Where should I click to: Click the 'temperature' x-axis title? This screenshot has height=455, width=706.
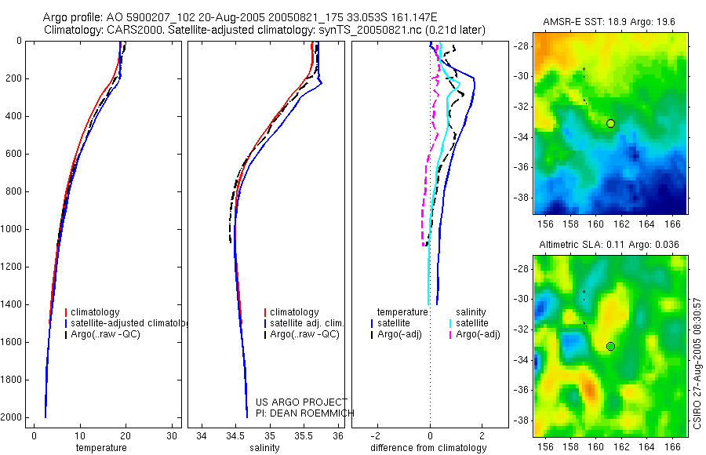[x=100, y=448]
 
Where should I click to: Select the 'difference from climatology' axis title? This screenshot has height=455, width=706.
[x=429, y=448]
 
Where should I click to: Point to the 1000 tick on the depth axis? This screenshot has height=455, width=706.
[x=13, y=229]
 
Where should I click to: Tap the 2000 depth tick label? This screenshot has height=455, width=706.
[x=13, y=417]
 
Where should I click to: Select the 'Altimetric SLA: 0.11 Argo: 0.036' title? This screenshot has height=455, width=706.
[x=610, y=246]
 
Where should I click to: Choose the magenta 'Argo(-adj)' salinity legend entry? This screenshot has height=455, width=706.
[x=478, y=334]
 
